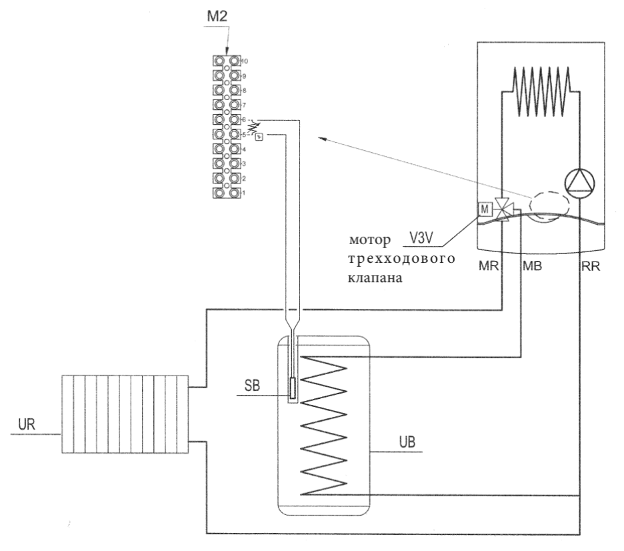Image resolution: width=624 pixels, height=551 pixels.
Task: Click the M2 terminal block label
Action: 217,16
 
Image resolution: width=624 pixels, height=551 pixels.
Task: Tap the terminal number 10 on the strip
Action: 245,61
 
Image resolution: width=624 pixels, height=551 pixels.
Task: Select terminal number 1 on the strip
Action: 243,193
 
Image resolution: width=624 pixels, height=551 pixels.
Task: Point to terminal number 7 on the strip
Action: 244,105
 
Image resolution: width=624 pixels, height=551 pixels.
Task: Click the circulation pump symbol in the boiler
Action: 579,183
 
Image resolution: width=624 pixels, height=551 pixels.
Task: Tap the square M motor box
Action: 484,209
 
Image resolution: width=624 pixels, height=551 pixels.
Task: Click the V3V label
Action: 421,237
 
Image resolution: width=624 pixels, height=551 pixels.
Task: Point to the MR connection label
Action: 488,266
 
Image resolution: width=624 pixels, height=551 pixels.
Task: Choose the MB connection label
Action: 532,266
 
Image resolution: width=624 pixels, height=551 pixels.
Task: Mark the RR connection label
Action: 591,266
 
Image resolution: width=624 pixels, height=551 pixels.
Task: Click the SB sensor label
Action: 252,386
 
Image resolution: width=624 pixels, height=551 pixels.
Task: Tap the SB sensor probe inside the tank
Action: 293,388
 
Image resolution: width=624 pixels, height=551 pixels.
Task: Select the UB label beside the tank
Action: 407,442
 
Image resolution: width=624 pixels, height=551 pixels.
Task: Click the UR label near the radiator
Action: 27,424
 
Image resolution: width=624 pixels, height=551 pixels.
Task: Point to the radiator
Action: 125,414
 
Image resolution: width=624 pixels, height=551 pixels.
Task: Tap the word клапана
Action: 375,278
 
